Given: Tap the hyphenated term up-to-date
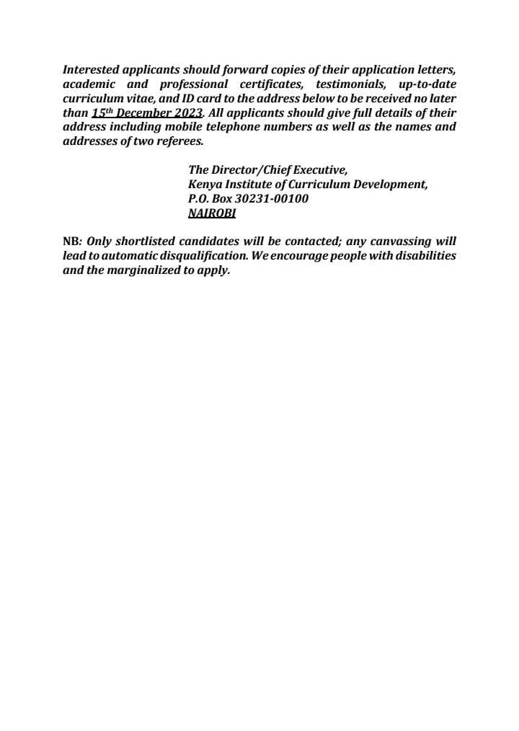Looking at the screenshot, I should (427, 85).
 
